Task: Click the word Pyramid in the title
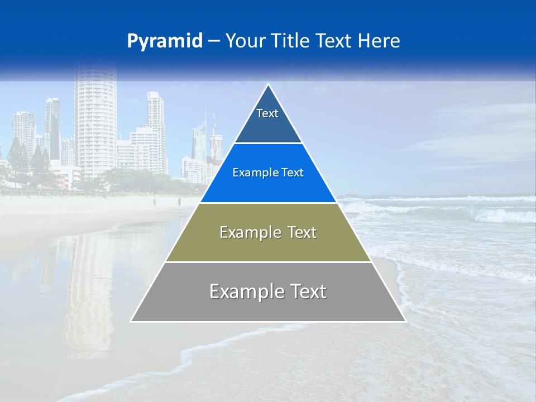point(165,41)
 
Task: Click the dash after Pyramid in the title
point(214,41)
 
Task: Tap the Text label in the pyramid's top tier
point(267,113)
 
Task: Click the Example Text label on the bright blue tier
point(268,173)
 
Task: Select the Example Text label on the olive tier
point(268,232)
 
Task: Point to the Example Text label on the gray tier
point(268,291)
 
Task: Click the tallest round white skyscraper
point(95,123)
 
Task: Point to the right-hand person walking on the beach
point(179,202)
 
